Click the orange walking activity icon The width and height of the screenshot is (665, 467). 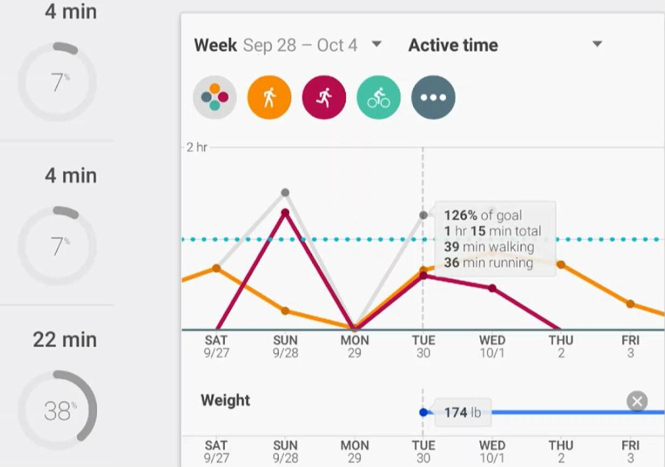pos(269,98)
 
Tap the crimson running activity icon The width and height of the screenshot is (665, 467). pos(324,98)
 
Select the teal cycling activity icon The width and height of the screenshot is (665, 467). pos(379,98)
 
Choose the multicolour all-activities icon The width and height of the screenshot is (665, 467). pos(215,98)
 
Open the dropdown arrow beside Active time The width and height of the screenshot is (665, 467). pos(597,44)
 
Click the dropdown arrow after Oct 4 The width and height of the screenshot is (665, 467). pos(376,44)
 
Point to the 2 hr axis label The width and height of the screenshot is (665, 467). pos(197,147)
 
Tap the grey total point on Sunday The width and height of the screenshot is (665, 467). pos(285,193)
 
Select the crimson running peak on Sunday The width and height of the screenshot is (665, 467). pos(285,213)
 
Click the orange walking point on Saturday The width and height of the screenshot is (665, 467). pos(216,268)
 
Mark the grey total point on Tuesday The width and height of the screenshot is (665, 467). pos(423,215)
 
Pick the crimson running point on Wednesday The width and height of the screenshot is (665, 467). pos(492,288)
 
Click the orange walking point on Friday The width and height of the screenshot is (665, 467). pos(630,304)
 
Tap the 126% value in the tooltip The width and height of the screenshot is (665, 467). pos(461,215)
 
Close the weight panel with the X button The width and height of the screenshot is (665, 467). pos(637,402)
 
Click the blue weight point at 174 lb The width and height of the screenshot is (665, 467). pos(423,412)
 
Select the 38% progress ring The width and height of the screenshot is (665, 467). pos(57,410)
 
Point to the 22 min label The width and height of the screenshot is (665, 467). pos(65,340)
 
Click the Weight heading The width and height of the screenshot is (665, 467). pos(225,401)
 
